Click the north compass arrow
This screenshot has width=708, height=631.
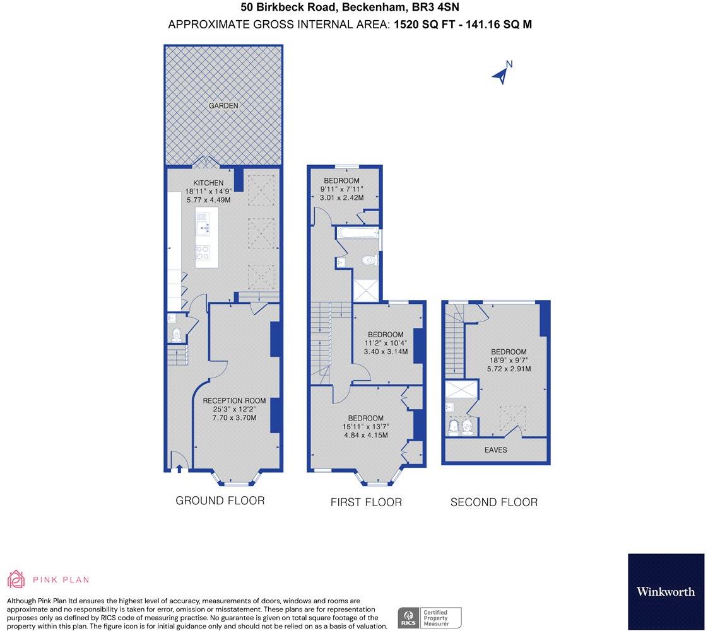tap(501, 74)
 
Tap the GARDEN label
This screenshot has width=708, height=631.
tap(224, 106)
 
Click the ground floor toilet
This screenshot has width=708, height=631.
tap(176, 333)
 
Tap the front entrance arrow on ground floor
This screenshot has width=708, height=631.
tap(179, 468)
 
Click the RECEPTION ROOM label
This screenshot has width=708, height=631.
tap(234, 400)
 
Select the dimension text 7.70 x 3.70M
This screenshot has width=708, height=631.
tap(235, 417)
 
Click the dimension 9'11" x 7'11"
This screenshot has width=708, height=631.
tap(341, 188)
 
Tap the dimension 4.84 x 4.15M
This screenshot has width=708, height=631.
tap(365, 435)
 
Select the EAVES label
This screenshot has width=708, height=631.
tap(495, 450)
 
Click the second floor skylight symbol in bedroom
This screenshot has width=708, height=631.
tap(509, 417)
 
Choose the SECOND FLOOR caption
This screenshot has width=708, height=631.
tap(494, 502)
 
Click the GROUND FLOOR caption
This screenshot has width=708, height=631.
tap(220, 501)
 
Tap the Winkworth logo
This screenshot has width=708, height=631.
tap(666, 591)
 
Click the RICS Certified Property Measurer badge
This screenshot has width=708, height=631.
tap(429, 617)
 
